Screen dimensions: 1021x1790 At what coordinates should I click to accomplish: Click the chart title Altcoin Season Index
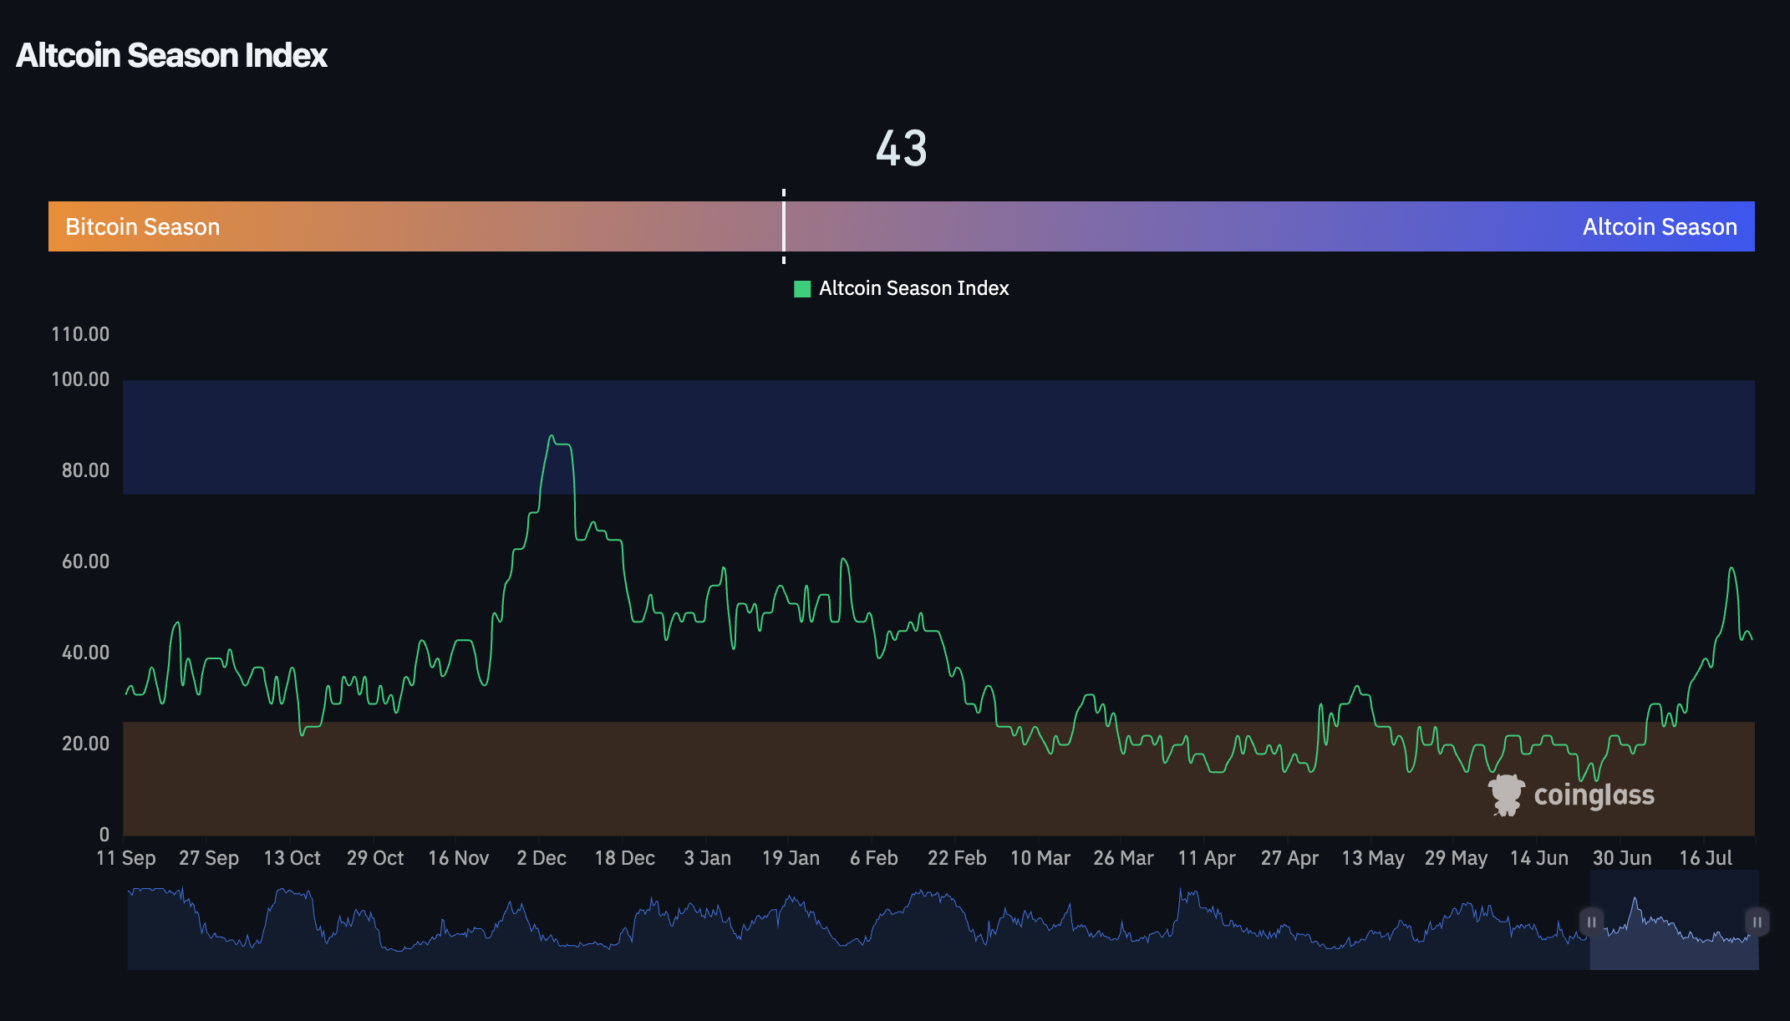171,55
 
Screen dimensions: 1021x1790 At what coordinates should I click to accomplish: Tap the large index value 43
901,149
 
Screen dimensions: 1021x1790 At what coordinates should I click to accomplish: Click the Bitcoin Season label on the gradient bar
142,227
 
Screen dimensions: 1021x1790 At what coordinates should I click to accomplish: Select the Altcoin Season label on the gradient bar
1659,227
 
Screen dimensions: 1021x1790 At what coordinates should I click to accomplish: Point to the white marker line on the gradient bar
784,226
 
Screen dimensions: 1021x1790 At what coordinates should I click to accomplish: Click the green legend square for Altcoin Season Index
802,289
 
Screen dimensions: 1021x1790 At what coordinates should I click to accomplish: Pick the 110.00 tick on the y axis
80,334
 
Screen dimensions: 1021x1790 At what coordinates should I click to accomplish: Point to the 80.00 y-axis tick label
85,470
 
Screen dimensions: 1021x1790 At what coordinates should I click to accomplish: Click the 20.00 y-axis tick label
85,744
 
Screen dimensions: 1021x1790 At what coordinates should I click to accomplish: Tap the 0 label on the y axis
104,834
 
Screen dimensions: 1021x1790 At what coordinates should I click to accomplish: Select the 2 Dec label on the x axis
541,858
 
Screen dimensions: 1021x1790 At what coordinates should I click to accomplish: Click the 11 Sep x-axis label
126,858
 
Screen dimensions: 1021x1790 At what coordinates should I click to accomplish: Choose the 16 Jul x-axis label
1705,858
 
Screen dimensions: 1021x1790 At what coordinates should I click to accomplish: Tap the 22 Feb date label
956,858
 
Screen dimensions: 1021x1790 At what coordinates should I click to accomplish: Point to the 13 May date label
1372,858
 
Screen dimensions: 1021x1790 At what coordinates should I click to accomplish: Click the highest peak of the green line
552,436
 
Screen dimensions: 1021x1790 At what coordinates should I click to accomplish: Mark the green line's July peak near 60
1732,568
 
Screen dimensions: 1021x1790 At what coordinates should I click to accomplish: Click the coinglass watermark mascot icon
1506,795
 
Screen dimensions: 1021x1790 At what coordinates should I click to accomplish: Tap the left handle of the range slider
1591,922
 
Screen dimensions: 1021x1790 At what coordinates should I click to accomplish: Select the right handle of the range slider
1757,922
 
